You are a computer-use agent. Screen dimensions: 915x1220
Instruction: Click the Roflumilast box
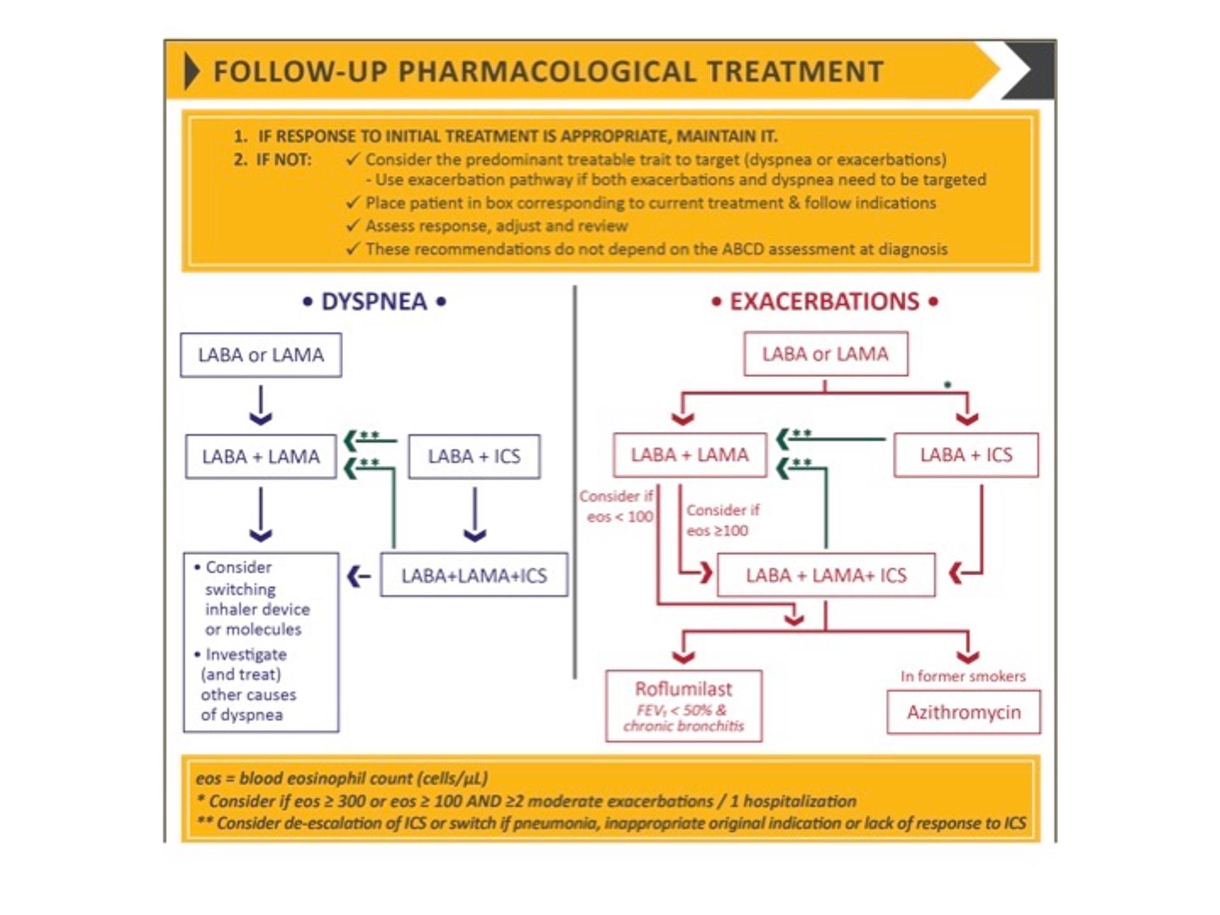(x=684, y=705)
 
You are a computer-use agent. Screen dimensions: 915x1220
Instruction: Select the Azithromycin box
(x=963, y=712)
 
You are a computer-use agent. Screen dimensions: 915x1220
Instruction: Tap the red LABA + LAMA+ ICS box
(x=826, y=576)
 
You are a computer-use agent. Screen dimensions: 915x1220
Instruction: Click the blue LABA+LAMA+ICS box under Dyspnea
(x=474, y=576)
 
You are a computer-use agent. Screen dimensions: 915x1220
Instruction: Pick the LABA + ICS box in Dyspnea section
(x=474, y=456)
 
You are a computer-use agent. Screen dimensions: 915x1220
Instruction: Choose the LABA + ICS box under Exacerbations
(x=966, y=455)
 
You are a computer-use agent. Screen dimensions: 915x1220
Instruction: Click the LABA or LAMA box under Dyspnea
(x=261, y=355)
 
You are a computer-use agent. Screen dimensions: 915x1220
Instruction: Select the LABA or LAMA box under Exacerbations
(x=825, y=354)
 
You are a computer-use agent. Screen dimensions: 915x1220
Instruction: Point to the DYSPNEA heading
(x=374, y=302)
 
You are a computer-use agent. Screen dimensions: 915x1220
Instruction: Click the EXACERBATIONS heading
(x=824, y=302)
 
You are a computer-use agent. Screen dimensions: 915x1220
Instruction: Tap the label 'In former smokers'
(x=963, y=676)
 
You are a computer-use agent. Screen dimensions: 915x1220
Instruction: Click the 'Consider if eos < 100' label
(x=617, y=506)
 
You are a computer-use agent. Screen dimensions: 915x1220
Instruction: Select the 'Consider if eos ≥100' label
(x=722, y=520)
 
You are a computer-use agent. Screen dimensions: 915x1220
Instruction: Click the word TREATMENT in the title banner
(x=795, y=71)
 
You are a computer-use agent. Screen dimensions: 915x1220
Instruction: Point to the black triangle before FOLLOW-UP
(x=191, y=71)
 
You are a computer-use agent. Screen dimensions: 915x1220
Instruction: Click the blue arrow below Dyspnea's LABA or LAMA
(x=261, y=406)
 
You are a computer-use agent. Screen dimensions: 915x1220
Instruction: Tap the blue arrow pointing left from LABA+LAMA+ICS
(x=359, y=576)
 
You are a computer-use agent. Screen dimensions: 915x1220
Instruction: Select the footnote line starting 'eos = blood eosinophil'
(x=342, y=778)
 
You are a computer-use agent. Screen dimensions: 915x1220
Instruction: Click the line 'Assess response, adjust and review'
(x=496, y=226)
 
